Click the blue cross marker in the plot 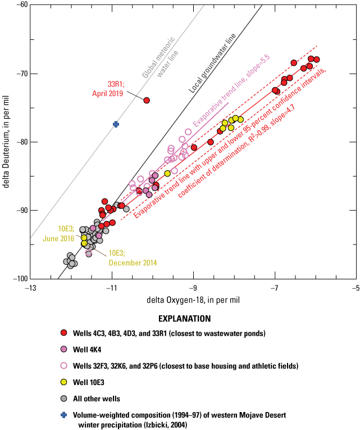pos(116,124)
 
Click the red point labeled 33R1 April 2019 pos(147,100)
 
